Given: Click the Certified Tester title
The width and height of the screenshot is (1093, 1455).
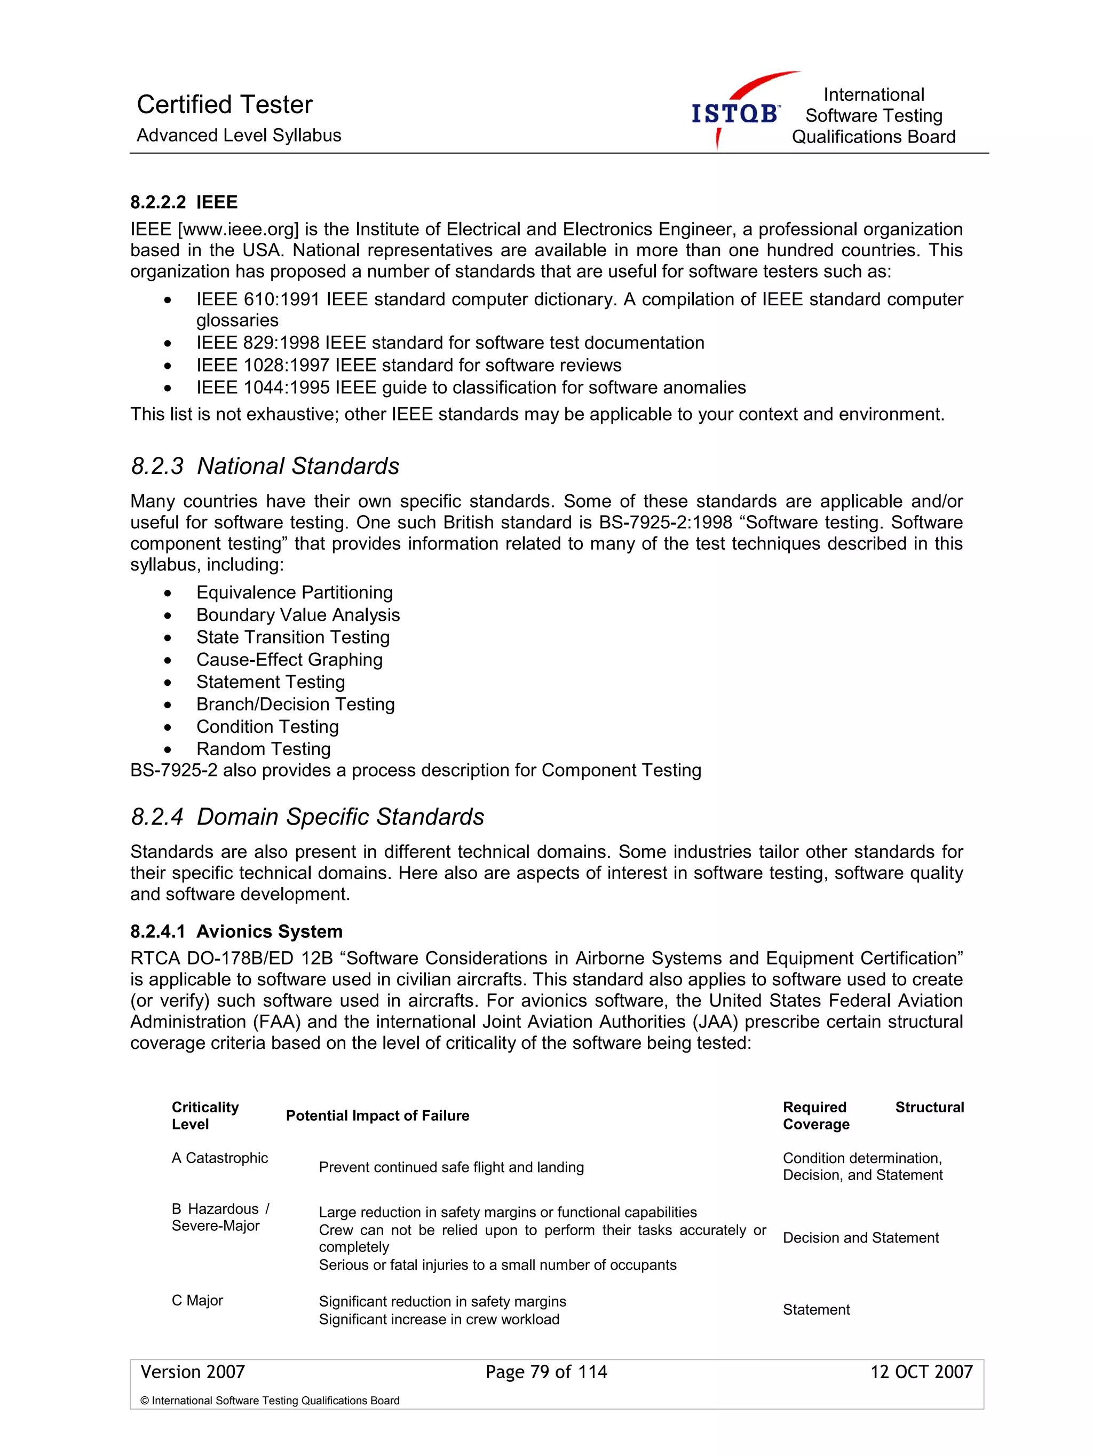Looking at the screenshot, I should pos(224,105).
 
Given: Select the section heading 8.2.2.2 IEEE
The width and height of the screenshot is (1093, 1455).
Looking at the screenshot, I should pos(184,202).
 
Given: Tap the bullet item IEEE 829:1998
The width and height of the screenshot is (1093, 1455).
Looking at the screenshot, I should pos(450,343).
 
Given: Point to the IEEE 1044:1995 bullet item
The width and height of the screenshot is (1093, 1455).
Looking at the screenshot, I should pos(470,388).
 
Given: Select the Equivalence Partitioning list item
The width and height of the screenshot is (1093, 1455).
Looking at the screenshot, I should pos(294,592).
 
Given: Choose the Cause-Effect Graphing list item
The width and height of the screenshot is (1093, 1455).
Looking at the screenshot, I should pos(289,660).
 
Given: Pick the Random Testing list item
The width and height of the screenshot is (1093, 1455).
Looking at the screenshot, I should pos(263,749).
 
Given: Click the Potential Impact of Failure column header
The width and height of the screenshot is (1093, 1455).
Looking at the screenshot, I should pos(377,1116).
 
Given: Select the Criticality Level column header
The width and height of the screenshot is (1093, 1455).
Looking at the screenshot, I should pos(204,1116).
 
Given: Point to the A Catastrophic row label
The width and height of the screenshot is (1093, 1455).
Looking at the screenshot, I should pos(220,1158).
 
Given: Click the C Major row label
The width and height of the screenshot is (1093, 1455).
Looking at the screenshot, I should pos(197,1300).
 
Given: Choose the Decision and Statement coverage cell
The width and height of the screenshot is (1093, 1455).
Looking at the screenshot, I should pos(860,1238).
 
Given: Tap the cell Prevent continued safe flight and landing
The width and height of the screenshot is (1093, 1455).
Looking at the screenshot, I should pos(450,1167).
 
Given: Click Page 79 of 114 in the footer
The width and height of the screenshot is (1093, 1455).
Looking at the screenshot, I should pos(546,1372).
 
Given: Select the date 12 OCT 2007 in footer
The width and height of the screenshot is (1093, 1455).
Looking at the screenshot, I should pos(921,1372).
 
